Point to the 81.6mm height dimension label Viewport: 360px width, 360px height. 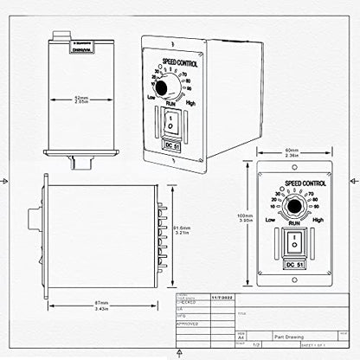point(179,229)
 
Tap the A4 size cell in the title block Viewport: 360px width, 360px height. point(192,338)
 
